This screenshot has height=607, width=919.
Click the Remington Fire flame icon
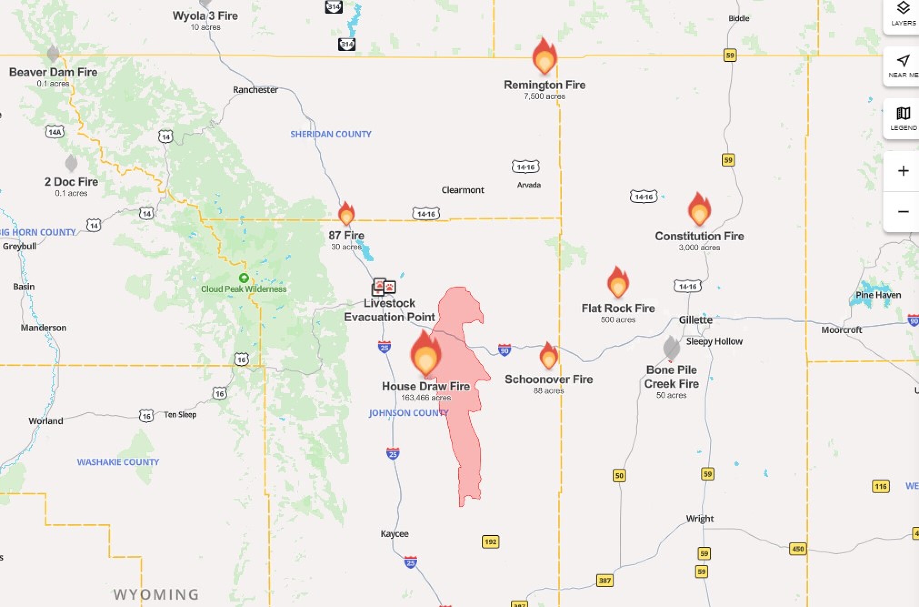pyautogui.click(x=544, y=57)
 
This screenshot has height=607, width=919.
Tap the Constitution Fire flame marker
pyautogui.click(x=699, y=210)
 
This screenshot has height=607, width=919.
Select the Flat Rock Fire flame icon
pyautogui.click(x=618, y=283)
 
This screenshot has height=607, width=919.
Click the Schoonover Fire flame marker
pyautogui.click(x=549, y=356)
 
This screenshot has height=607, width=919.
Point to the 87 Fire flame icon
pyautogui.click(x=346, y=214)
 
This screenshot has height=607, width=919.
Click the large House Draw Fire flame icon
pyautogui.click(x=425, y=354)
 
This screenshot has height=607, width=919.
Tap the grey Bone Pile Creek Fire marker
pyautogui.click(x=671, y=348)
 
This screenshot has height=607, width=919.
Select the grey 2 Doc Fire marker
pyautogui.click(x=71, y=163)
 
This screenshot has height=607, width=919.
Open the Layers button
pyautogui.click(x=903, y=14)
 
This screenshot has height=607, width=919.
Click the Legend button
pyautogui.click(x=903, y=118)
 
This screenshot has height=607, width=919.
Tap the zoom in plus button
pyautogui.click(x=903, y=171)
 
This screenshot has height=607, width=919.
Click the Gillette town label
pyautogui.click(x=695, y=320)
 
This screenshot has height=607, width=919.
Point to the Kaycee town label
pyautogui.click(x=394, y=534)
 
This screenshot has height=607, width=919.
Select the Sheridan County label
pyautogui.click(x=330, y=134)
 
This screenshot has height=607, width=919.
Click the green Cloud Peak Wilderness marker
pyautogui.click(x=244, y=278)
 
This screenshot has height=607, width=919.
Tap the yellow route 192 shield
pyautogui.click(x=490, y=541)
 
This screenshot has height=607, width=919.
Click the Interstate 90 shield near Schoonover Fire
pyautogui.click(x=504, y=350)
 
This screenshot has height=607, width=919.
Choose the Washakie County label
pyautogui.click(x=118, y=462)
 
